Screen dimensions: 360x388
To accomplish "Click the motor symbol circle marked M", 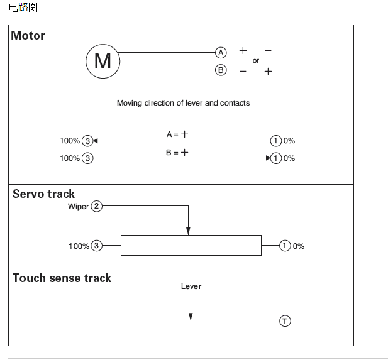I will pyautogui.click(x=103, y=61).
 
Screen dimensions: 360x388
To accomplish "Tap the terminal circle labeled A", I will pyautogui.click(x=221, y=53).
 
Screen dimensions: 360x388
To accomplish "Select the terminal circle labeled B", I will pyautogui.click(x=221, y=70).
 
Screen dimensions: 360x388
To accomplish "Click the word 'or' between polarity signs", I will pyautogui.click(x=256, y=61).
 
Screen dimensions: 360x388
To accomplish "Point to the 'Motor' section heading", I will pyautogui.click(x=28, y=36).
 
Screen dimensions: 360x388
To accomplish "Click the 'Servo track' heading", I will pyautogui.click(x=43, y=194).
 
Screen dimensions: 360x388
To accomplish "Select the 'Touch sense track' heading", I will pyautogui.click(x=62, y=278).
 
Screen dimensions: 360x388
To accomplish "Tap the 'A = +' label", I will pyautogui.click(x=177, y=134).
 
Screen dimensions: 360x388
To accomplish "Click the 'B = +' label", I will pyautogui.click(x=177, y=153).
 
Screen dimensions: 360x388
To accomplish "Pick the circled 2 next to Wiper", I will pyautogui.click(x=96, y=206).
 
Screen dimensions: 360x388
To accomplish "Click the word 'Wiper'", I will pyautogui.click(x=78, y=207).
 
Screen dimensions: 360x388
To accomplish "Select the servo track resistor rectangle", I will pyautogui.click(x=191, y=246).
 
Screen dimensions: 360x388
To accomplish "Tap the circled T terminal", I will pyautogui.click(x=285, y=322).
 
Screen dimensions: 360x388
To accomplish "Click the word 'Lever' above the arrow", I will pyautogui.click(x=191, y=286).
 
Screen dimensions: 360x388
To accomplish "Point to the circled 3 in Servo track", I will pyautogui.click(x=96, y=246).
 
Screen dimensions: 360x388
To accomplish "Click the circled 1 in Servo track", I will pyautogui.click(x=285, y=246).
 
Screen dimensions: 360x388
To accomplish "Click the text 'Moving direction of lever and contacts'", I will pyautogui.click(x=183, y=103).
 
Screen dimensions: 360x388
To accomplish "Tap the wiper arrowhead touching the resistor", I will pyautogui.click(x=188, y=232).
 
